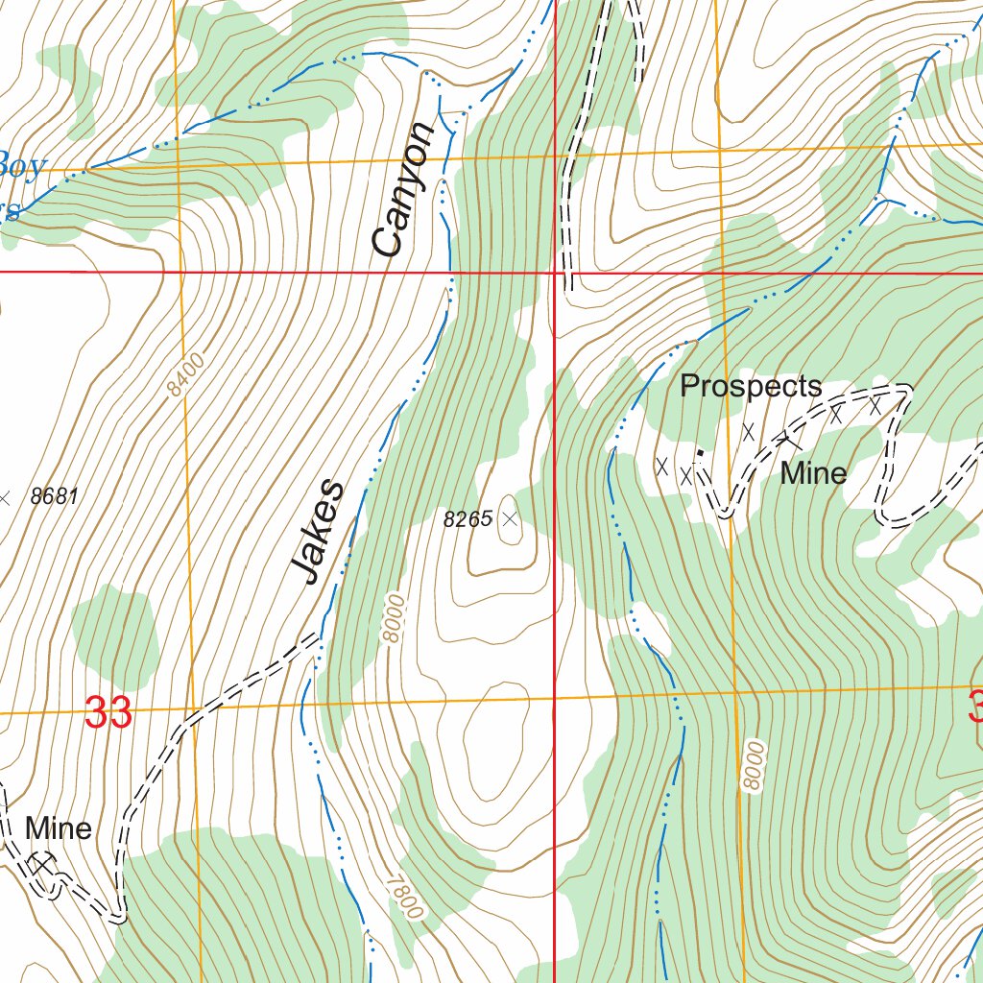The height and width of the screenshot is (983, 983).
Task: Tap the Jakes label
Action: pyautogui.click(x=319, y=531)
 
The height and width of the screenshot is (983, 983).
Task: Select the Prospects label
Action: pyautogui.click(x=751, y=387)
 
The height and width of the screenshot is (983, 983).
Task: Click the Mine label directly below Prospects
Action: pyautogui.click(x=813, y=473)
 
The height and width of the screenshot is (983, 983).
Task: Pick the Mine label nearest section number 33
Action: pyautogui.click(x=59, y=828)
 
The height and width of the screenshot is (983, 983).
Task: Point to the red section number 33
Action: pyautogui.click(x=108, y=713)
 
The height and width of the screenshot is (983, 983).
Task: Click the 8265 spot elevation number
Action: pyautogui.click(x=468, y=519)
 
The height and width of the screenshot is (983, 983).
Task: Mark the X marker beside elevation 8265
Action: pyautogui.click(x=510, y=519)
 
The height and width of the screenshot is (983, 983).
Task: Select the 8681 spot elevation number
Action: pyautogui.click(x=54, y=497)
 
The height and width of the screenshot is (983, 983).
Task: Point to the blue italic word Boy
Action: pyautogui.click(x=21, y=167)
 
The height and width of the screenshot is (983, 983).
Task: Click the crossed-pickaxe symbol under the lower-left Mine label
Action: pyautogui.click(x=39, y=865)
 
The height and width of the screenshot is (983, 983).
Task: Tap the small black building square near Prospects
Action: pyautogui.click(x=700, y=452)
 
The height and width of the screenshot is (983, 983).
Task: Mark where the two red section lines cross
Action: pyautogui.click(x=555, y=273)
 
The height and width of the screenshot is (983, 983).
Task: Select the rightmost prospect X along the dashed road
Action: pyautogui.click(x=875, y=406)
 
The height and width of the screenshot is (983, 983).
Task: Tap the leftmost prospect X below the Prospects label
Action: pyautogui.click(x=661, y=466)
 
